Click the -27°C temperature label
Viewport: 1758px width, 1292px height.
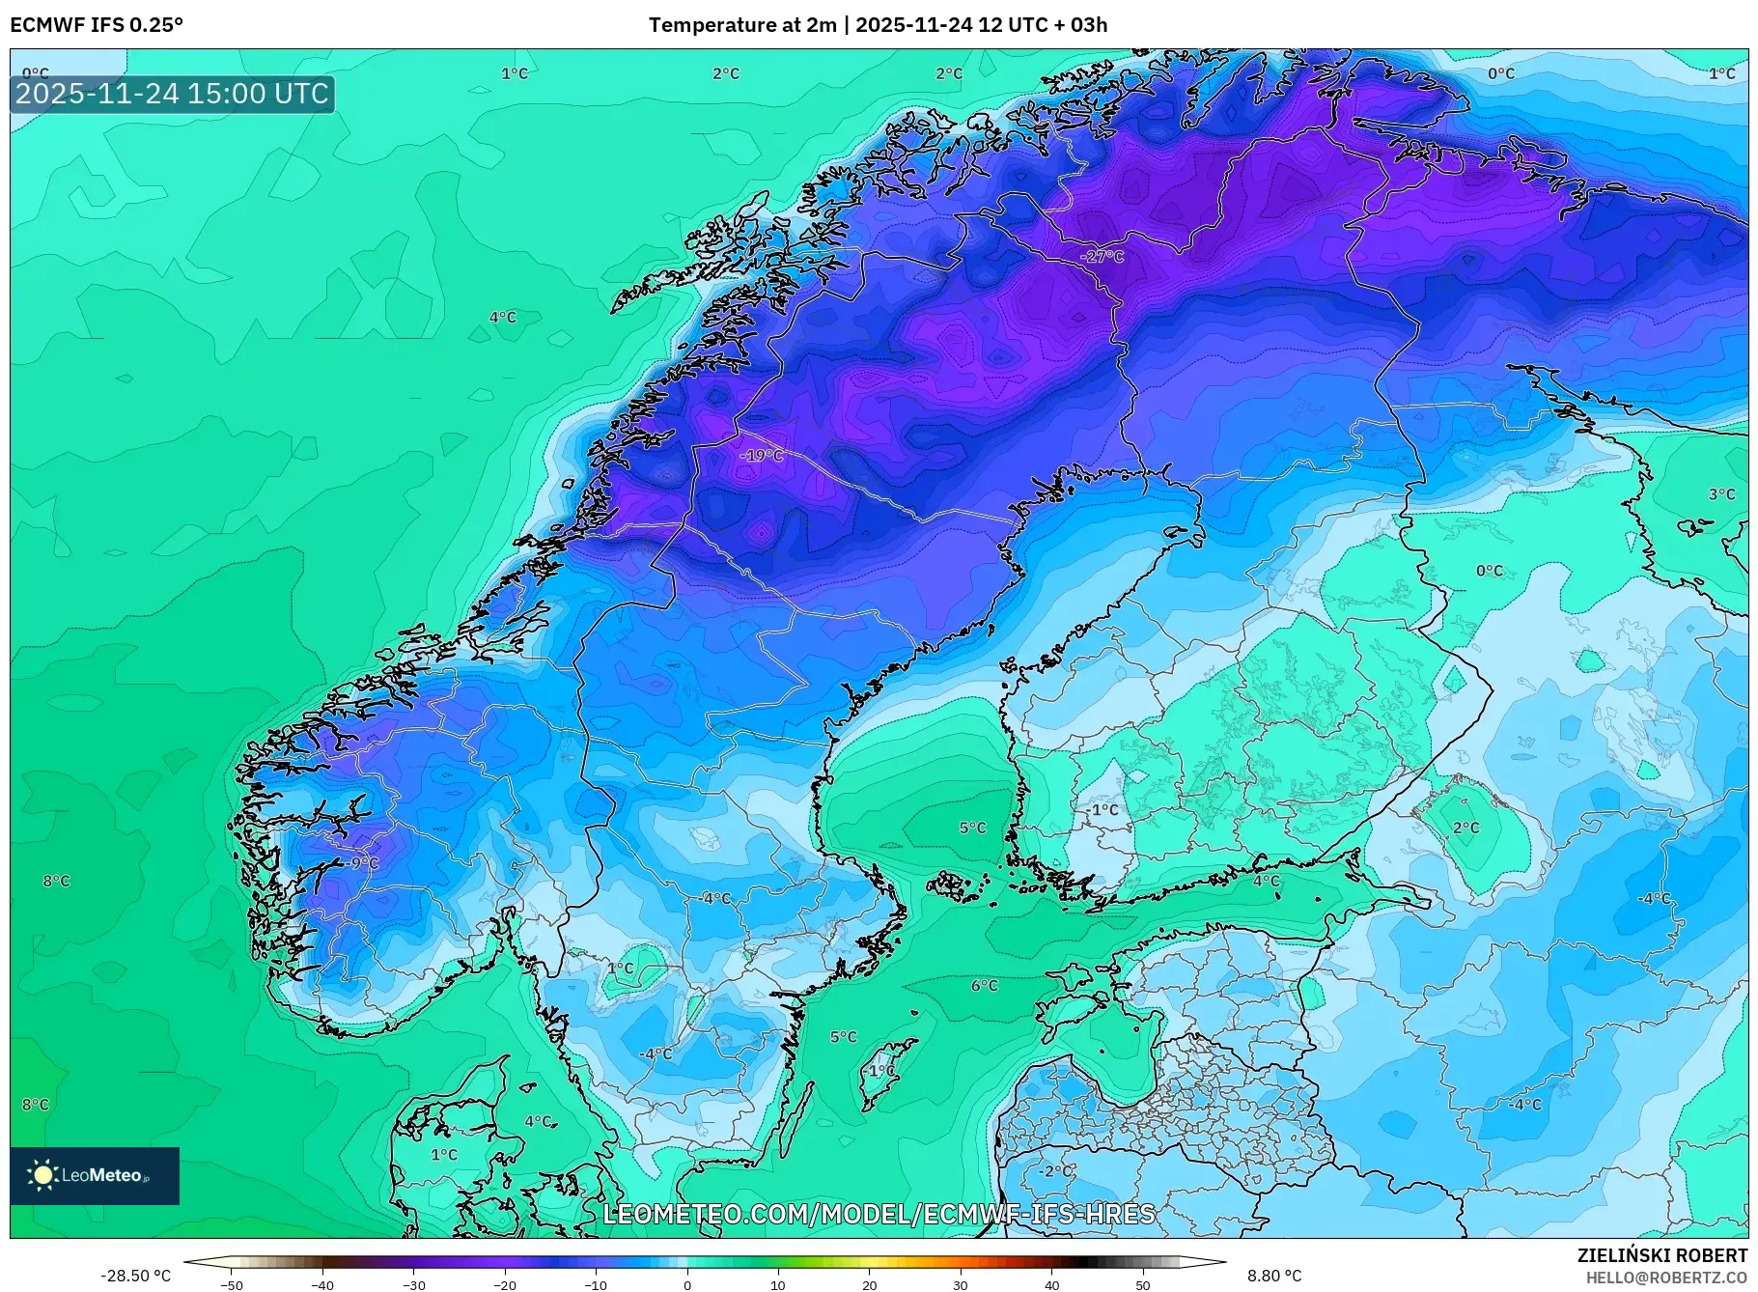tap(1102, 257)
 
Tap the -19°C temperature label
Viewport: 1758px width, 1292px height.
tap(762, 456)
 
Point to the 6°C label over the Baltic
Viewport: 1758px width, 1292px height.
tap(984, 986)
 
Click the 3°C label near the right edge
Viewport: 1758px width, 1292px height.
tap(1721, 494)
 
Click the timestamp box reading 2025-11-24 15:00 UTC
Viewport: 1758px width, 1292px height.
tap(173, 94)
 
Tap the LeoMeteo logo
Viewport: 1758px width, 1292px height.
tap(95, 1175)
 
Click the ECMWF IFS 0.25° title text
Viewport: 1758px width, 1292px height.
tap(97, 25)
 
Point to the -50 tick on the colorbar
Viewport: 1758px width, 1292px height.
tap(232, 1285)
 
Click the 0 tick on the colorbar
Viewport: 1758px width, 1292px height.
tap(687, 1285)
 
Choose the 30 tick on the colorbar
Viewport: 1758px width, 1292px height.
tap(961, 1285)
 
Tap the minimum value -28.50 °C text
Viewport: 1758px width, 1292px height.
tap(135, 1276)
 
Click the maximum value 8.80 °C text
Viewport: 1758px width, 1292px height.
tap(1274, 1276)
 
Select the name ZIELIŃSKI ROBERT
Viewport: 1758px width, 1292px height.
tap(1661, 1255)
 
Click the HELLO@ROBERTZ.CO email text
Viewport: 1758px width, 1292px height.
tap(1666, 1278)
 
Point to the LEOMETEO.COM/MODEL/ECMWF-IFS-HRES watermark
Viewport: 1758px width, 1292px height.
tap(879, 1214)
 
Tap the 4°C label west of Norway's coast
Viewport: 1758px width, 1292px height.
tap(502, 318)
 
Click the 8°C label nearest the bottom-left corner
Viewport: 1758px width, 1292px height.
tap(35, 1105)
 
